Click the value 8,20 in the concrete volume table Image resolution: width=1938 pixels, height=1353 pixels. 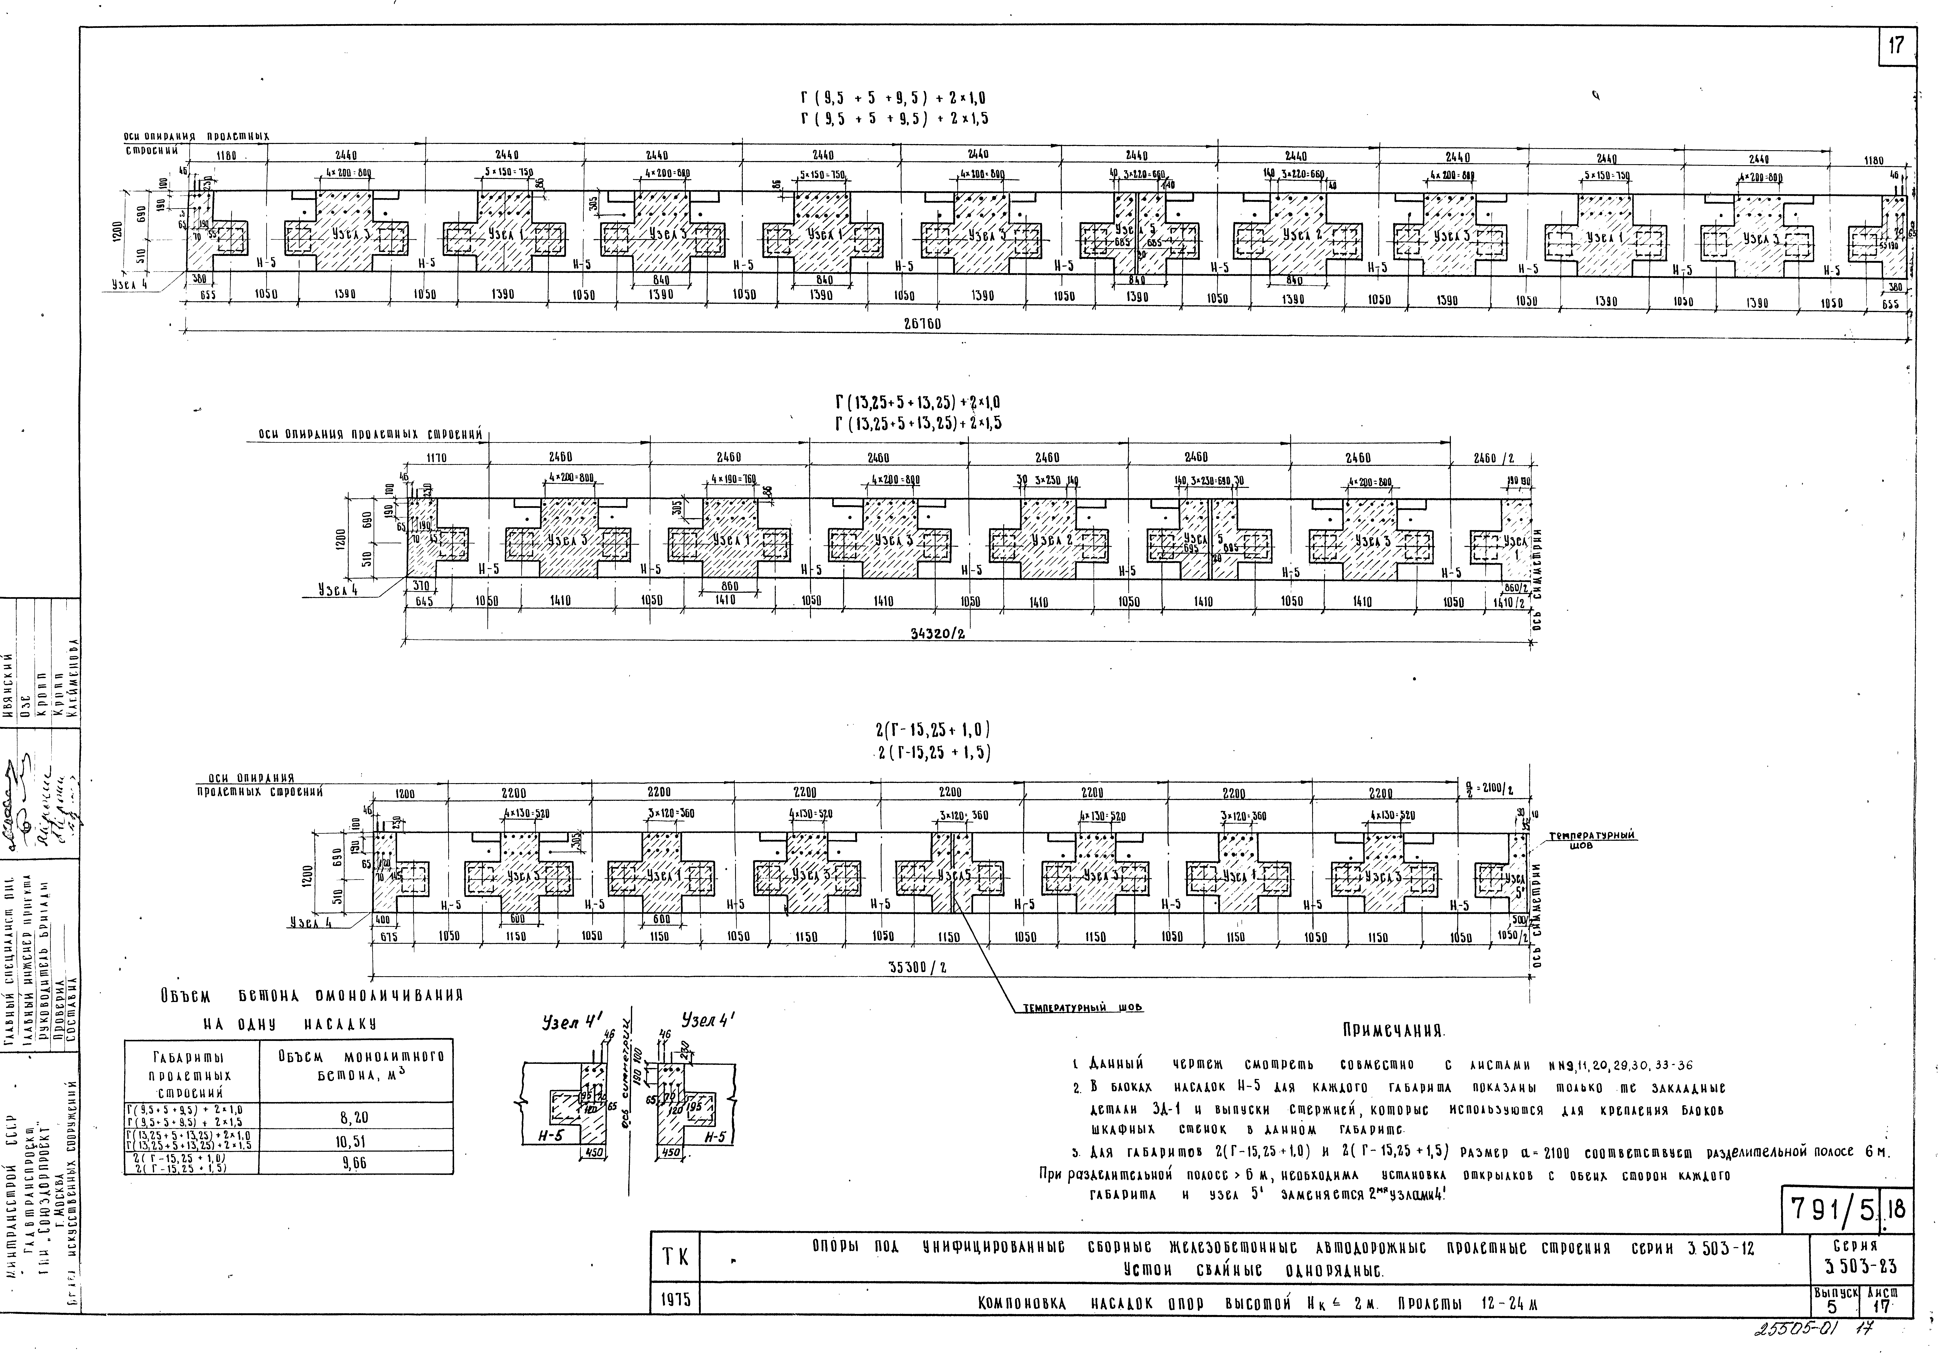[354, 1117]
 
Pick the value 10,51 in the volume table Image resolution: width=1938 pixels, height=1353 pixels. [354, 1141]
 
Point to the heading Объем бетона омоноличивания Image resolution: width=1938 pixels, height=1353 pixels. [312, 996]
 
